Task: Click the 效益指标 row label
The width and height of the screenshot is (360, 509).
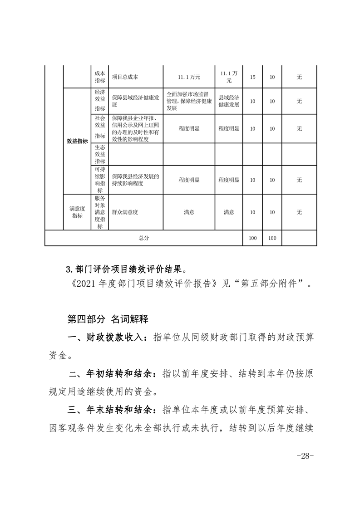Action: [77, 141]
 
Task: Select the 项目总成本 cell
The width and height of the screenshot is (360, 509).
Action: [125, 77]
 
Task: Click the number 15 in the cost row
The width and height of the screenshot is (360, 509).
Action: [252, 77]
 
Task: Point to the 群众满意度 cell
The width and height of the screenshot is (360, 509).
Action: [125, 212]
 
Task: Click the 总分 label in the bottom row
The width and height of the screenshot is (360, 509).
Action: [143, 238]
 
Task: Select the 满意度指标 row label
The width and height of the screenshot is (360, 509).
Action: [77, 212]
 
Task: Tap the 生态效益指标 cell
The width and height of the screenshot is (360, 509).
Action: [100, 154]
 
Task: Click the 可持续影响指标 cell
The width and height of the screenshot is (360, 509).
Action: [100, 180]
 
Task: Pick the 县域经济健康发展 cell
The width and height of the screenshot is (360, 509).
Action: [229, 101]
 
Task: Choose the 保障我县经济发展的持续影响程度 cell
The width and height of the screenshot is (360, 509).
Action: [135, 180]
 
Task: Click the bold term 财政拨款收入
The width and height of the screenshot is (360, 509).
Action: [119, 338]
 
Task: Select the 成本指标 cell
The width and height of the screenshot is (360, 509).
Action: [100, 77]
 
